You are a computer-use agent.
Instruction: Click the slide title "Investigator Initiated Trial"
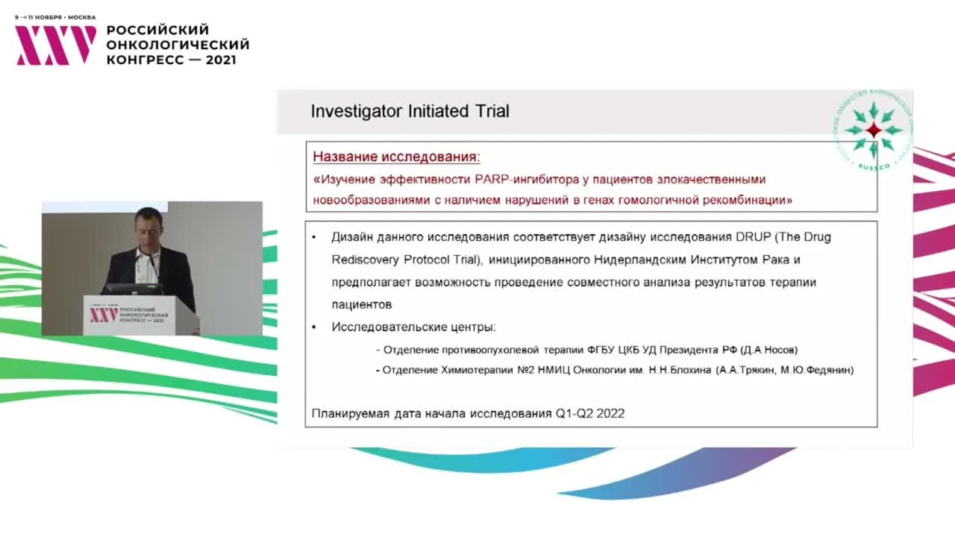pos(410,112)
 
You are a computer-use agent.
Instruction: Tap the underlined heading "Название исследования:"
pos(396,157)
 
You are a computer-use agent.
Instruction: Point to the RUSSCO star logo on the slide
pos(873,130)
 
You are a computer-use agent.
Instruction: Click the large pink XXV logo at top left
pos(56,45)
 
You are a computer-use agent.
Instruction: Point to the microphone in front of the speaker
pos(151,260)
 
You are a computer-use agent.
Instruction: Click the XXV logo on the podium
pos(104,315)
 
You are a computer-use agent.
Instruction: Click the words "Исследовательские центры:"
pos(413,327)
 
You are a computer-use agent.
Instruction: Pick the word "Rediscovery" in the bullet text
pos(365,260)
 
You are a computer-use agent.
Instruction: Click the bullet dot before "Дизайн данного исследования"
pos(314,237)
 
